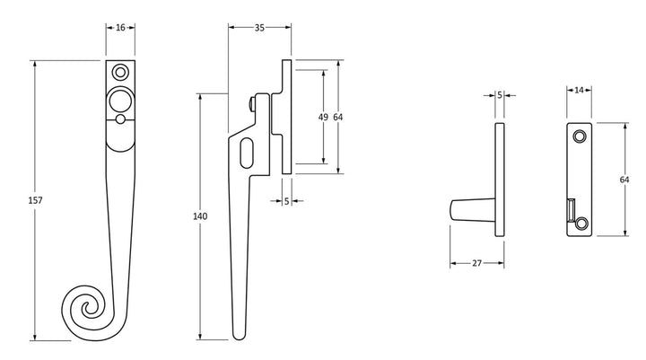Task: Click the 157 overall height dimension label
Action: pos(35,200)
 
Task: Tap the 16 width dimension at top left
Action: pos(120,28)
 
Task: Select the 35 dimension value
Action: pos(259,28)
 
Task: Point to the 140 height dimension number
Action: pos(200,216)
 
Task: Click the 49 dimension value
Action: pos(323,117)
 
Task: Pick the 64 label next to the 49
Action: pos(338,117)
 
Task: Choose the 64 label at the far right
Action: pos(624,180)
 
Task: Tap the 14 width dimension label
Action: pos(580,90)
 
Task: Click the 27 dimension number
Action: pos(476,263)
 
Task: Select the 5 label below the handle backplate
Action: pos(287,201)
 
